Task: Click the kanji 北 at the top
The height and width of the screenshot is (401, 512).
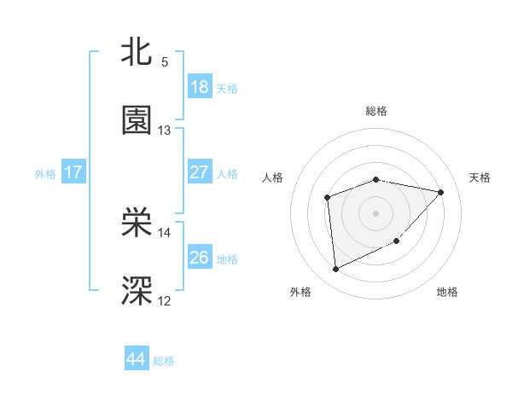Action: coord(137,51)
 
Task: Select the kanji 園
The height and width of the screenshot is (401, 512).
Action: coord(137,121)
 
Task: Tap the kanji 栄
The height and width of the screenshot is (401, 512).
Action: coord(137,223)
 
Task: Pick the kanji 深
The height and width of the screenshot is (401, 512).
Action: coord(137,291)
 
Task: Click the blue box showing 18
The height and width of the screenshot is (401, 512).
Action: coord(200,87)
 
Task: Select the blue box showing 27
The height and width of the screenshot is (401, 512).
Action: coord(200,172)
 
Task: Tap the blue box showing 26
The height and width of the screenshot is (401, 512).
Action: coord(200,258)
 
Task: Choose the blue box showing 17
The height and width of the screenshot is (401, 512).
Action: coord(73,172)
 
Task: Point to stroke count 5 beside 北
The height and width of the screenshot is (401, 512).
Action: coord(165,62)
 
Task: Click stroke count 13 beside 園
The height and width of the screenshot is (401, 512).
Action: coord(165,131)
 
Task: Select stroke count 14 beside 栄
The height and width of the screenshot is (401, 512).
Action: coord(165,232)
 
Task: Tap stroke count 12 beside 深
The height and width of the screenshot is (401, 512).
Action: coord(165,300)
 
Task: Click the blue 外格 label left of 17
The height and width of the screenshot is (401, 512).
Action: coord(45,173)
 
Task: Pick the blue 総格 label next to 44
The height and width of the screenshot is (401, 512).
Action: coord(164,361)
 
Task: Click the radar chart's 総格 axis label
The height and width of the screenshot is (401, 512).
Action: coord(376,111)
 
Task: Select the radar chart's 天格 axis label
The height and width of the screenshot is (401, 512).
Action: coord(480,177)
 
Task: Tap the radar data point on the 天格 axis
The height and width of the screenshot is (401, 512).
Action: coord(441,192)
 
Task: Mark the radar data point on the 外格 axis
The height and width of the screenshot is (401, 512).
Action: coord(336,269)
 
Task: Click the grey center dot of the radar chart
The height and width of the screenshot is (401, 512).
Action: coord(376,212)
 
